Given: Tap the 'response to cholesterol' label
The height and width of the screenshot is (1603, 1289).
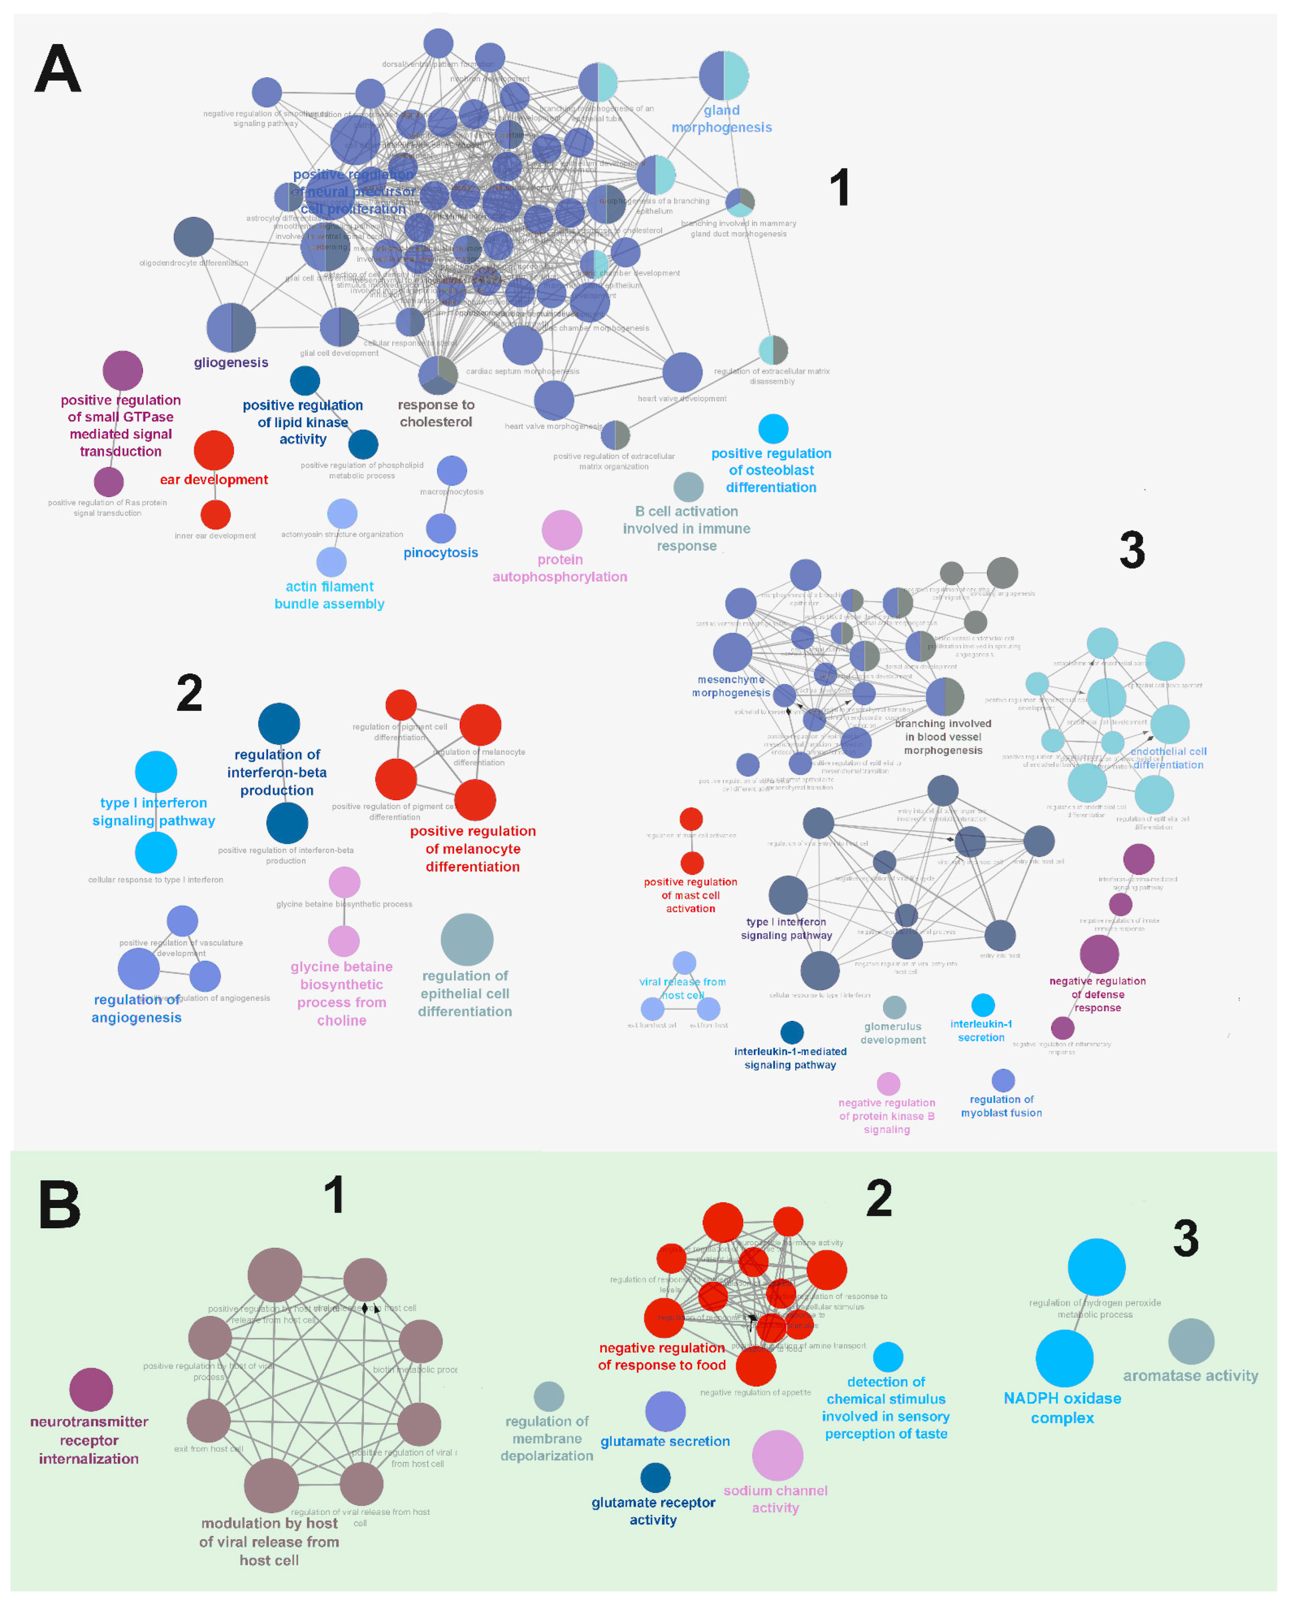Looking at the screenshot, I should coord(436,413).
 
